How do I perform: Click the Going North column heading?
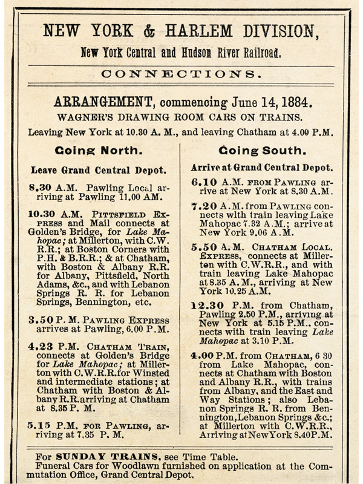click(98, 151)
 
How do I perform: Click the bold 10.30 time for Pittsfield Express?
click(43, 214)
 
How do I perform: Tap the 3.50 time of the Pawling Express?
click(41, 319)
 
